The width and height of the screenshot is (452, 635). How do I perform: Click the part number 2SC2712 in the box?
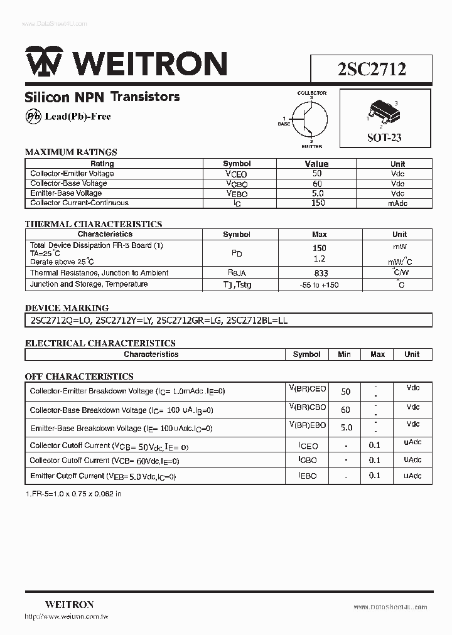(x=372, y=68)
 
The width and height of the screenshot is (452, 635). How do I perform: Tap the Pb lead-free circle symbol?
(x=33, y=116)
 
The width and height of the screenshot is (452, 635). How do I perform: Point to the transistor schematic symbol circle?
(x=311, y=119)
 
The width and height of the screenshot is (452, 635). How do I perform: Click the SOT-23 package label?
(x=384, y=137)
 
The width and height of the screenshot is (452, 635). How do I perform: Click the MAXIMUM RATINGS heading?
(x=71, y=152)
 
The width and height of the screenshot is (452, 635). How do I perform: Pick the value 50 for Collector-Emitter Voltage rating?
(x=316, y=174)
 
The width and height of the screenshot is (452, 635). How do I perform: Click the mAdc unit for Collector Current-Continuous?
(x=397, y=203)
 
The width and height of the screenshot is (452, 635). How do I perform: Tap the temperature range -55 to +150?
(x=319, y=285)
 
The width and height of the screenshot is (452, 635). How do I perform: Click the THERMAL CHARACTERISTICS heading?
(x=93, y=224)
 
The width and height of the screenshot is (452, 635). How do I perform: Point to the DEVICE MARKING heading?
(x=67, y=308)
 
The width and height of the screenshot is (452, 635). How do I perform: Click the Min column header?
(x=344, y=355)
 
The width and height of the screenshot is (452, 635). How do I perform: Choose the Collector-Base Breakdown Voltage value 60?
(x=345, y=410)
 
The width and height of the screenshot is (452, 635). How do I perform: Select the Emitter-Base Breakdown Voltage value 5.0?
(x=345, y=428)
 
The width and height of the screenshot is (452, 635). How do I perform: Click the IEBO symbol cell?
(x=308, y=476)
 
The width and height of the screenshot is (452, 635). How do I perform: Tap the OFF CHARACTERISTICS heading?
(x=79, y=376)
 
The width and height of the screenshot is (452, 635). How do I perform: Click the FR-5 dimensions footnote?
(x=73, y=494)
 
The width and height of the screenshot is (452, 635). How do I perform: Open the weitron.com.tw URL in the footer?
(x=67, y=617)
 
